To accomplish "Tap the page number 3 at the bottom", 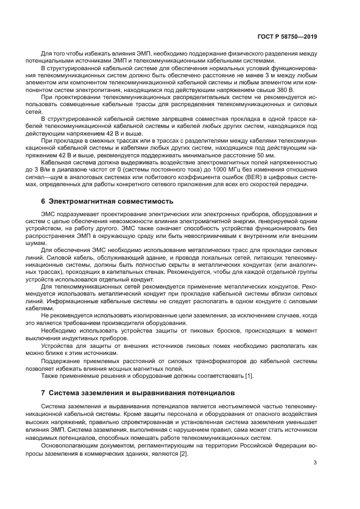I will [315, 463].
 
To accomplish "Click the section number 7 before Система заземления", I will [44, 393].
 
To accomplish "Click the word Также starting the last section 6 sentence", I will [50, 376].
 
